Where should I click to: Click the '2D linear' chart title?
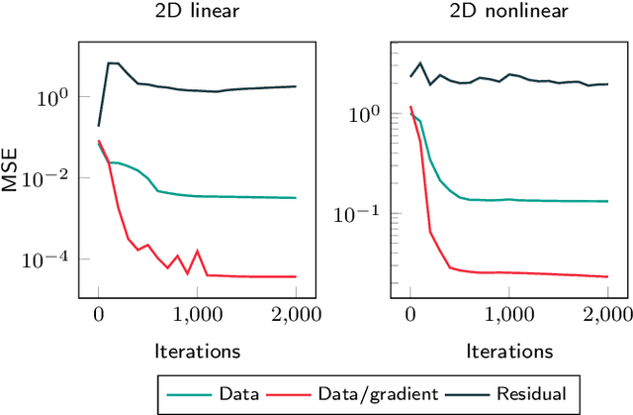[x=197, y=13]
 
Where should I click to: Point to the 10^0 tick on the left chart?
[x=51, y=97]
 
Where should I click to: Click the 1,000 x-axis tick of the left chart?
[x=197, y=315]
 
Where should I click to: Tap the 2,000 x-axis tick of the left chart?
[x=296, y=315]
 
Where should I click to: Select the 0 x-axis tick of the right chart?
[x=410, y=315]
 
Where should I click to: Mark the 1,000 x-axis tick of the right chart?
[x=509, y=315]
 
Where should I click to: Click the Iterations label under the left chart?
[x=197, y=350]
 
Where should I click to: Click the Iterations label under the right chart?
[x=509, y=350]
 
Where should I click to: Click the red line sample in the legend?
[x=298, y=393]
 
